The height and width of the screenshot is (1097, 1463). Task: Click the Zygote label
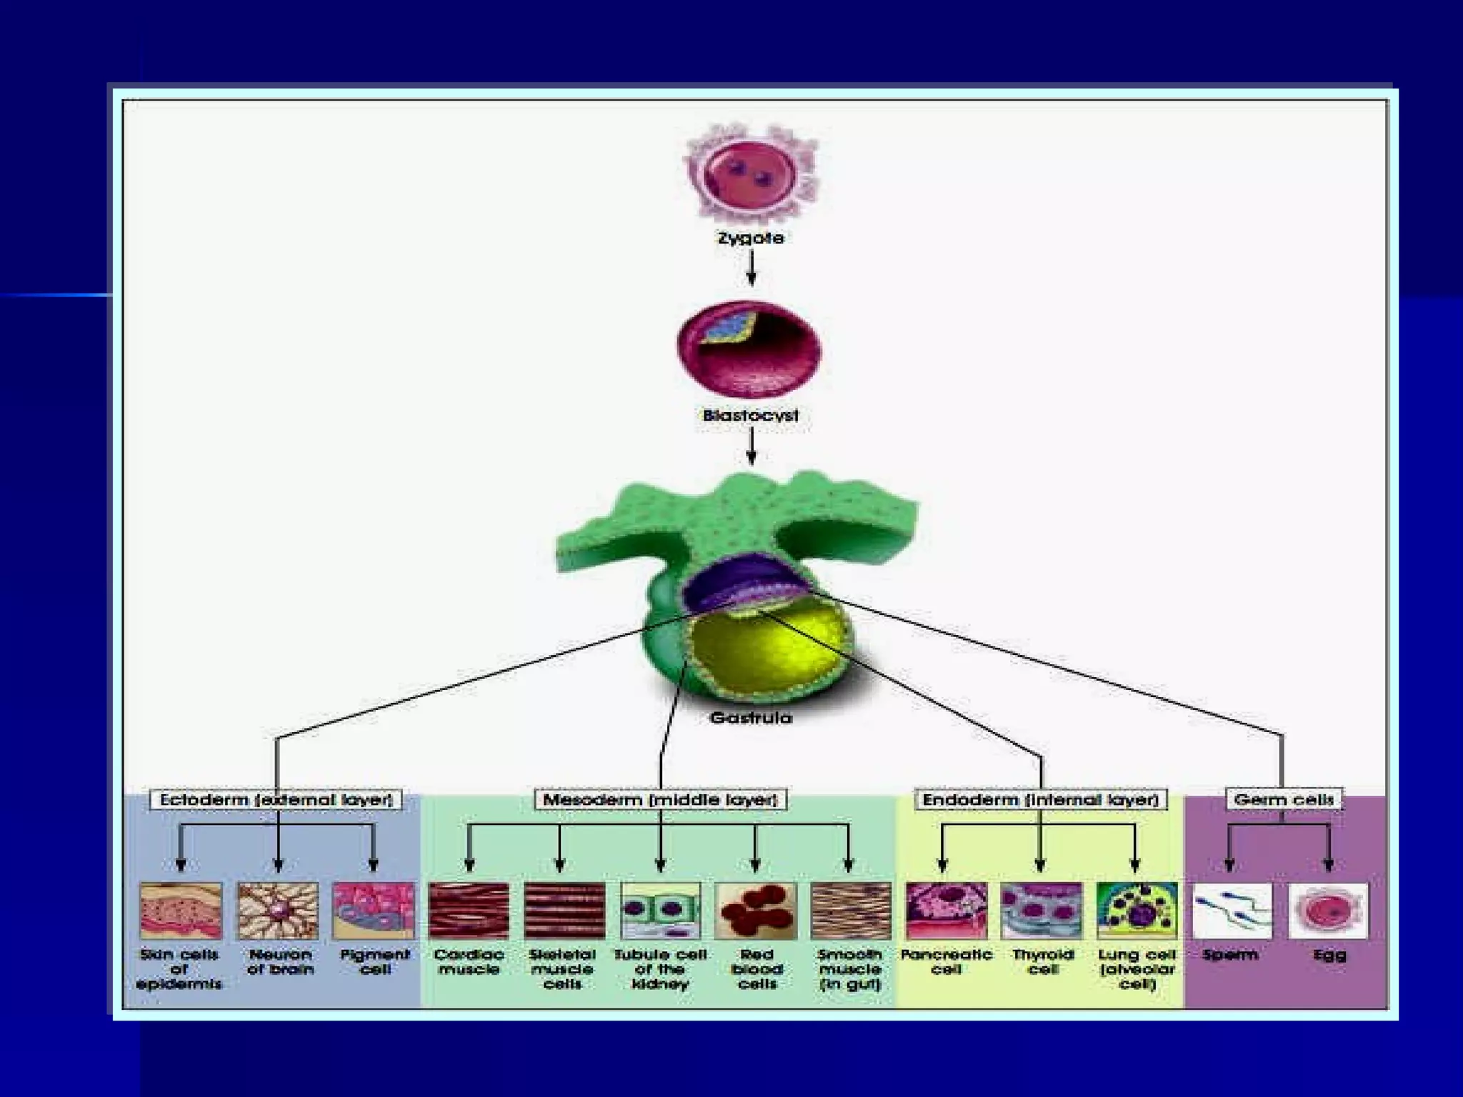(750, 238)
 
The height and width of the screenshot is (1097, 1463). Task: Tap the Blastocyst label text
(750, 415)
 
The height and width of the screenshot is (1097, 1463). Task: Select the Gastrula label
(751, 717)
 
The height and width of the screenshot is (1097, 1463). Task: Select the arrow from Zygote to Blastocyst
(751, 268)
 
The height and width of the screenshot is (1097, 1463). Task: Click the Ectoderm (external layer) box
(276, 799)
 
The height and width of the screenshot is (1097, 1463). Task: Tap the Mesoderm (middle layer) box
(660, 799)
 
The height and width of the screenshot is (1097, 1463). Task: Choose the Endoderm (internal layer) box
(1040, 799)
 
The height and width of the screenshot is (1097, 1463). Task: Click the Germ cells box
(1284, 799)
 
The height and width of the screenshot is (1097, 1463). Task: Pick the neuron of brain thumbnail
(278, 911)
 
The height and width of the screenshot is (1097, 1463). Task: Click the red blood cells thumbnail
(756, 911)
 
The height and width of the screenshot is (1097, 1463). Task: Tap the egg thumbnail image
(1329, 911)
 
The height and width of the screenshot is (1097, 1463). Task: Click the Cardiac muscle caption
(469, 962)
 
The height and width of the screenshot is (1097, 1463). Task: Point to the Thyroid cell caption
(1042, 962)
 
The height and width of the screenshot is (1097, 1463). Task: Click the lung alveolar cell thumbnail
(1137, 911)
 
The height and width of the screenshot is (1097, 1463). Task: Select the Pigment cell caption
(374, 962)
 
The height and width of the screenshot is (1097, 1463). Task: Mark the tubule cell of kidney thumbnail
(661, 911)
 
